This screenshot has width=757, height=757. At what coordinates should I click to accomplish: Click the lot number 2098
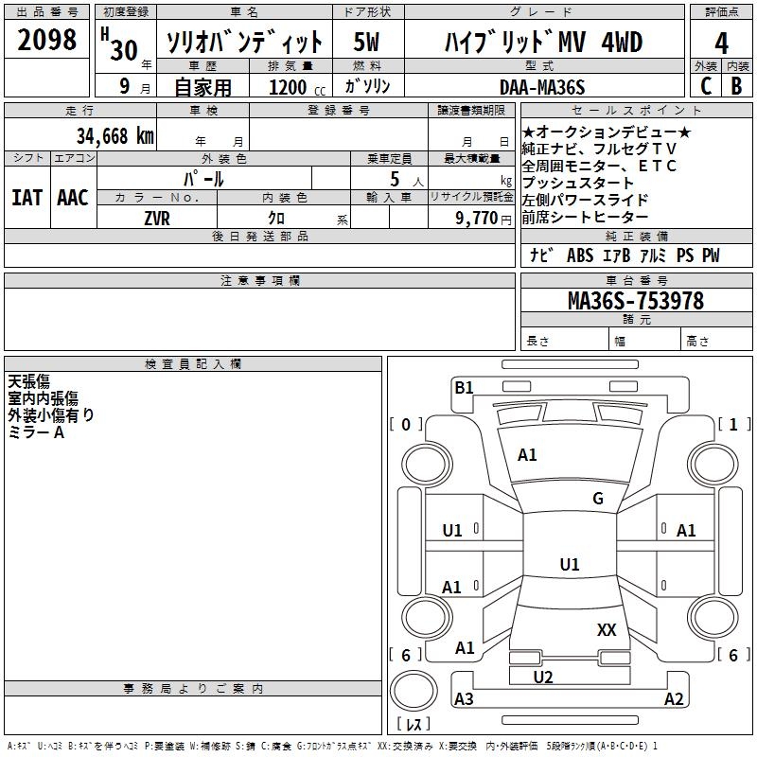click(x=47, y=41)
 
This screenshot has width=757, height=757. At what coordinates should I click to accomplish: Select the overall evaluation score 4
click(x=721, y=43)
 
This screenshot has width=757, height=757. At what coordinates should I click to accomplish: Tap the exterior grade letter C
click(x=705, y=85)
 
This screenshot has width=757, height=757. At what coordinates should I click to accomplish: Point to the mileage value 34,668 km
click(x=114, y=136)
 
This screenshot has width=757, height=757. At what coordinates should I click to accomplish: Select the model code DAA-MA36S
click(x=543, y=87)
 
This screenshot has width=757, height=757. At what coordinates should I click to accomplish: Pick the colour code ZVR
click(x=157, y=217)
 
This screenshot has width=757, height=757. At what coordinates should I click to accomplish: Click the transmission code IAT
click(x=26, y=197)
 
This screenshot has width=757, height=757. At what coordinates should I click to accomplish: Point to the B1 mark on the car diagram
click(x=464, y=387)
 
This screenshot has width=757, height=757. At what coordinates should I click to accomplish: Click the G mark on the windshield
click(x=597, y=499)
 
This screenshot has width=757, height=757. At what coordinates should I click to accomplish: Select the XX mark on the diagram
click(x=607, y=629)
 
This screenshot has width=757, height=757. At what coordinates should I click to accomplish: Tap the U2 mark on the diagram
click(x=543, y=677)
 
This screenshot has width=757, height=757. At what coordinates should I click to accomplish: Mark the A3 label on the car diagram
click(x=464, y=699)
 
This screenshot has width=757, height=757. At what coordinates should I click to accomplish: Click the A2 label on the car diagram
click(x=674, y=699)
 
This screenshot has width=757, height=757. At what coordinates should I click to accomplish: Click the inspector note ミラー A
click(x=36, y=432)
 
